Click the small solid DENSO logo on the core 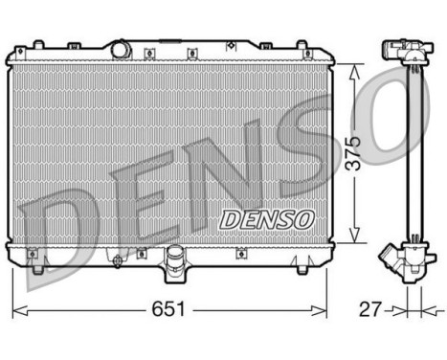click(267, 219)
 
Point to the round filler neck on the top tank click(121, 48)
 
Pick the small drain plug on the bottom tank click(117, 259)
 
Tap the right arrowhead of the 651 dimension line click(325, 310)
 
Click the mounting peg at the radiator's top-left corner click(37, 44)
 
